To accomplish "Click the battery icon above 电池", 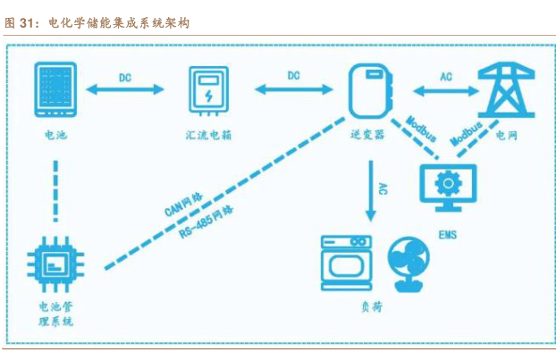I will pos(55,89).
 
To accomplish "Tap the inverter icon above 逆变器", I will pos(367,90).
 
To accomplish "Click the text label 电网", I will pos(507,136).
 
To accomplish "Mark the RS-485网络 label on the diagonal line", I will pos(205,222).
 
